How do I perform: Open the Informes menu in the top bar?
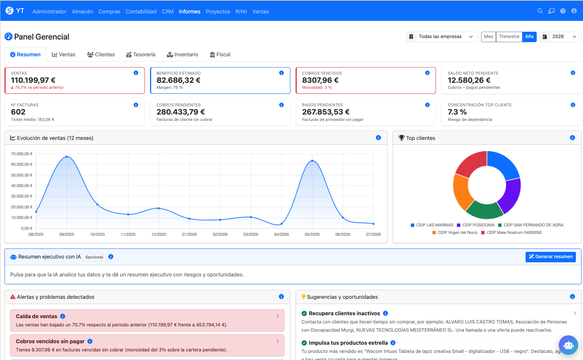click(x=190, y=12)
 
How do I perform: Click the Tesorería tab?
click(x=141, y=54)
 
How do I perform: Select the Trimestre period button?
click(x=509, y=37)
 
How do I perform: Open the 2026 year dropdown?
click(x=560, y=37)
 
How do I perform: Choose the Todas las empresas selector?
click(x=442, y=37)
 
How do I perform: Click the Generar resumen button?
click(x=551, y=257)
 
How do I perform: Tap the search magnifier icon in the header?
click(x=540, y=11)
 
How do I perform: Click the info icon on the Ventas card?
click(x=136, y=73)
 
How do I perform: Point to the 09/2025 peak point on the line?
click(x=67, y=157)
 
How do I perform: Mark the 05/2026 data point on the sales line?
click(x=312, y=161)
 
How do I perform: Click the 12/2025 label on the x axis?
click(x=159, y=234)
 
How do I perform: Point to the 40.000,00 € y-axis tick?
click(x=22, y=186)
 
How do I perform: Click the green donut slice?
click(x=484, y=210)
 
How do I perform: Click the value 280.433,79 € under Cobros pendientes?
click(x=181, y=112)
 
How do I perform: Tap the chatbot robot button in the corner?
click(x=568, y=345)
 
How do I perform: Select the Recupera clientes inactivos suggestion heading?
click(x=344, y=313)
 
